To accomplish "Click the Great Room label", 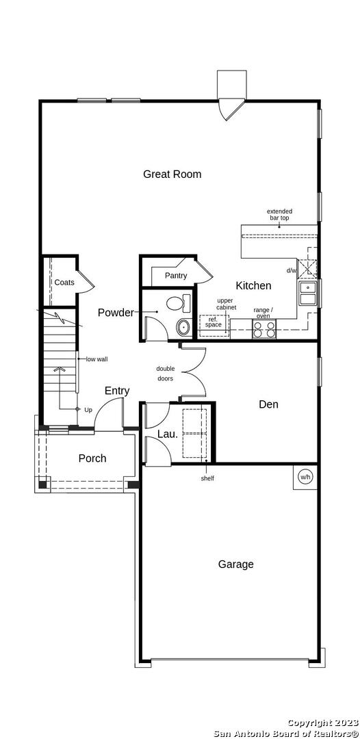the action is click(172, 174).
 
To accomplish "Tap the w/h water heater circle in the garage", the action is click(305, 477).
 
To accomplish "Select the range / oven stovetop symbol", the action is click(264, 328).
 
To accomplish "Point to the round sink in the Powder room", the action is click(183, 326).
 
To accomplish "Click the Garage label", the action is click(235, 564).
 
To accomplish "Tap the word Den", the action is click(268, 404).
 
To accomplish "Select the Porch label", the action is click(92, 458).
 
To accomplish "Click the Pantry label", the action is click(176, 276).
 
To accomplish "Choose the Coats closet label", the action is click(64, 283).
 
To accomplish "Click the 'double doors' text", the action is click(165, 374).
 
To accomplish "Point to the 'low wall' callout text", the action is click(97, 359).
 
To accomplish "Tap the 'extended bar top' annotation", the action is click(279, 214).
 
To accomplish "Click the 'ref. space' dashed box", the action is click(214, 322).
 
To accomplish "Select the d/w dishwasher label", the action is click(291, 270).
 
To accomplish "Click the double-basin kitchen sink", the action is click(307, 293).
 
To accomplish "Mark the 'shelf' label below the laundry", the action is click(207, 478).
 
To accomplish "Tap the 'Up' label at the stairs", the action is click(88, 410).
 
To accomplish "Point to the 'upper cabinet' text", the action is click(226, 304).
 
